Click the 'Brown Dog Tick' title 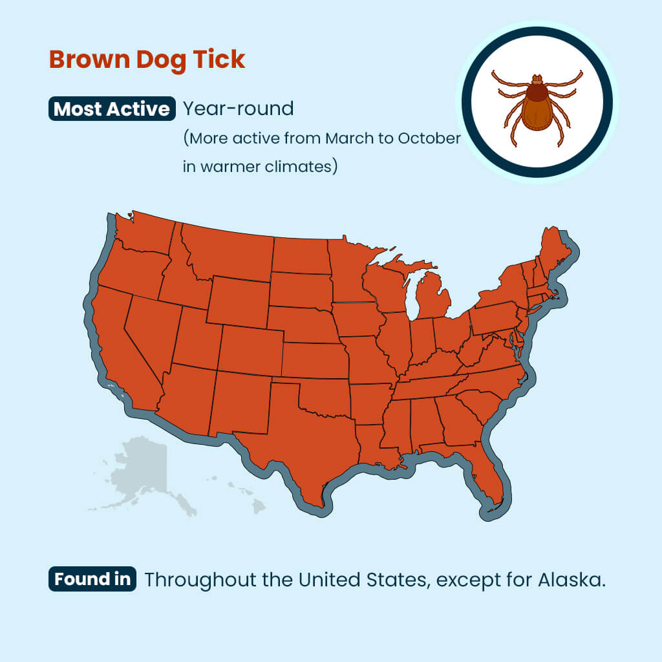coord(147,59)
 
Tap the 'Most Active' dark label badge coord(112,109)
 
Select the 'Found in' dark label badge coord(92,579)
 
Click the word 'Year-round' coord(239,109)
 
